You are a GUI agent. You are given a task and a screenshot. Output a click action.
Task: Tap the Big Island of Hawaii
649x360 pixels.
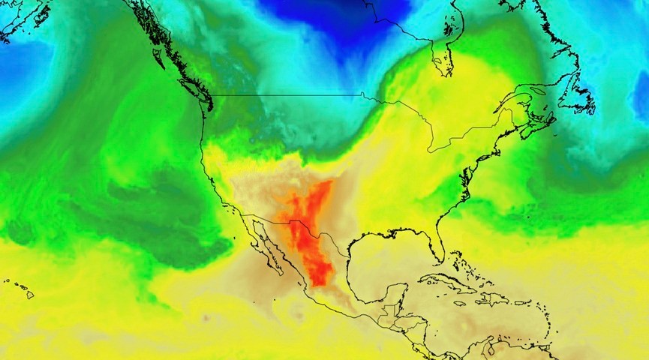(30, 295)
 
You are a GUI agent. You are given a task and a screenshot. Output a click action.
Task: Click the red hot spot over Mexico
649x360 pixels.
(308, 225)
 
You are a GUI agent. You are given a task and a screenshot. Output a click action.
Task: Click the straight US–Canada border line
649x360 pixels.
(285, 95)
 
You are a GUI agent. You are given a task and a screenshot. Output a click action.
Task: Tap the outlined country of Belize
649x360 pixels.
(387, 309)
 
